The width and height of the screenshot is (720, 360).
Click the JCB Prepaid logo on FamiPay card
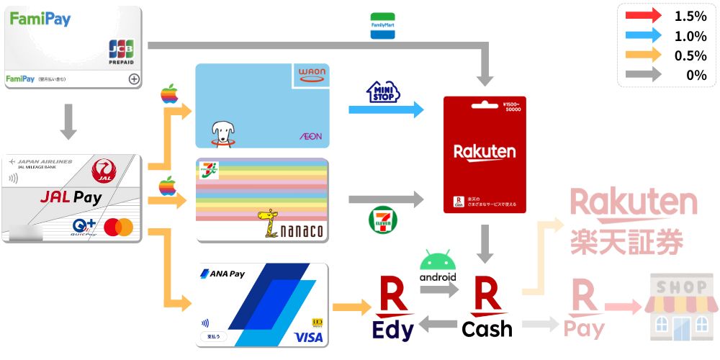(122, 52)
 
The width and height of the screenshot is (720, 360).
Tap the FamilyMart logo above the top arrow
(382, 26)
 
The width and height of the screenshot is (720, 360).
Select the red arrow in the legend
(643, 16)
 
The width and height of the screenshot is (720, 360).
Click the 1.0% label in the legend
(690, 36)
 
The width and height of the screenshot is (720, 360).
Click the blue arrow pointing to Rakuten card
(386, 110)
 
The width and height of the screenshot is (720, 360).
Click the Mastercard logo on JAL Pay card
(119, 228)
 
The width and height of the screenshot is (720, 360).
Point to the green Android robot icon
(438, 261)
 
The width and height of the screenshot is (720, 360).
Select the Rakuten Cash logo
(487, 310)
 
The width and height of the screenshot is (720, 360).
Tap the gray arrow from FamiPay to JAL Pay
(68, 121)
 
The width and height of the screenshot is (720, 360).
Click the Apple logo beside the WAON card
(169, 94)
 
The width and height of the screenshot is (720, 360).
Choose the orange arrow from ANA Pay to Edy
(351, 307)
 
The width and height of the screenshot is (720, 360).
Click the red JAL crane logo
(104, 171)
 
